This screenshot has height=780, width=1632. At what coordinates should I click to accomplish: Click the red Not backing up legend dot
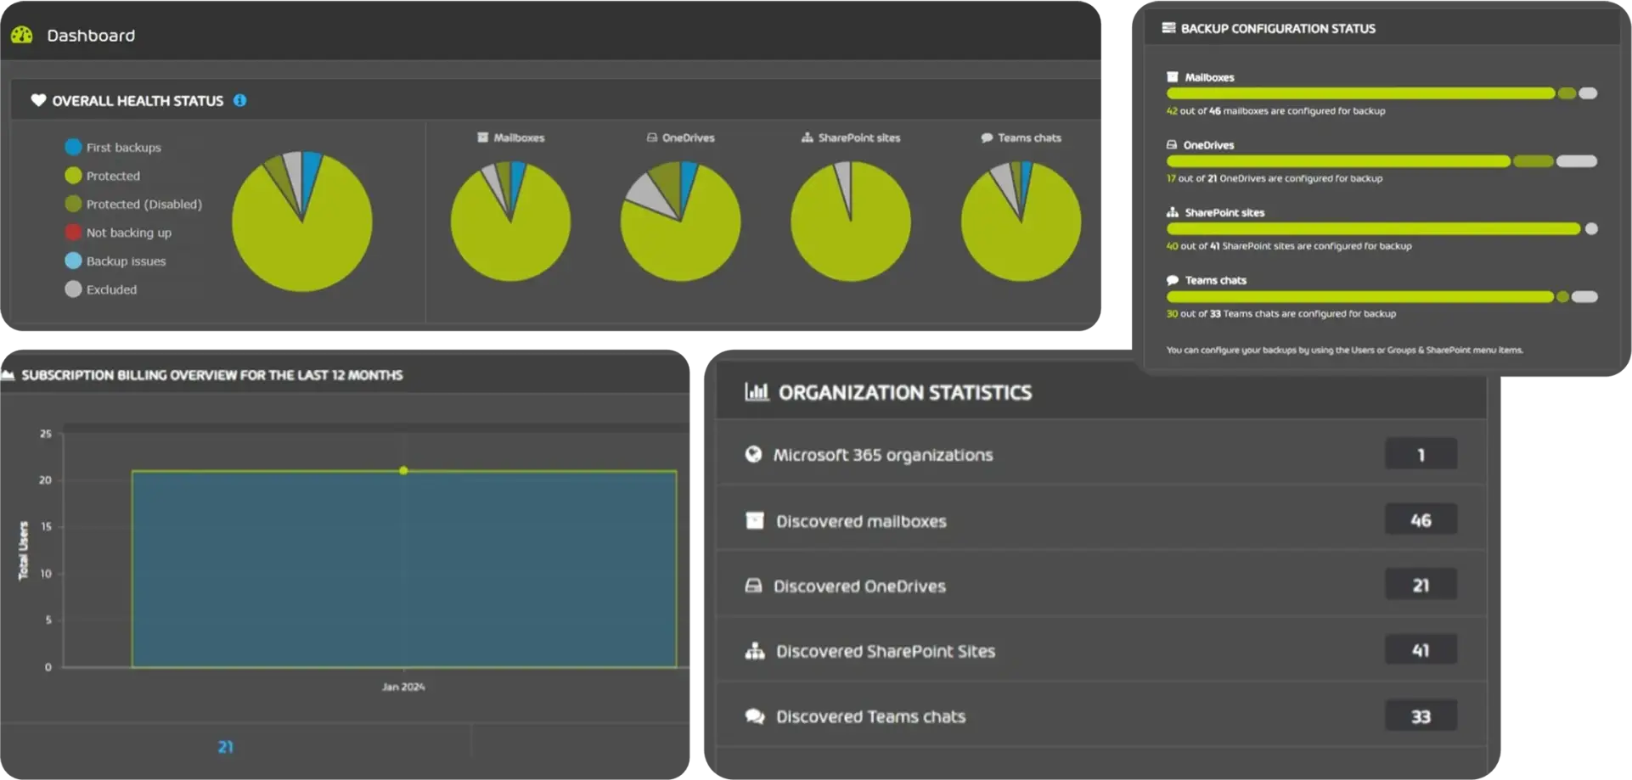(x=73, y=233)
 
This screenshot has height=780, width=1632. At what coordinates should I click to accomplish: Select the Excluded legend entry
(x=110, y=289)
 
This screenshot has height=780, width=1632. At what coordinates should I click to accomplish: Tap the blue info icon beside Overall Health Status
(x=240, y=100)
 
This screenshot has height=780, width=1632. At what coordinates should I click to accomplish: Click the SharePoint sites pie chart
(x=850, y=222)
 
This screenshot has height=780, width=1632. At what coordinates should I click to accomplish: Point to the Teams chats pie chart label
(x=1029, y=137)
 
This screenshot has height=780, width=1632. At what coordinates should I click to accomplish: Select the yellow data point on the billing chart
(x=403, y=470)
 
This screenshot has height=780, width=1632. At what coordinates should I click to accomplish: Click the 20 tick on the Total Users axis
(x=45, y=480)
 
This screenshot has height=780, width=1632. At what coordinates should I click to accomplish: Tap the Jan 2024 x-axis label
(x=403, y=687)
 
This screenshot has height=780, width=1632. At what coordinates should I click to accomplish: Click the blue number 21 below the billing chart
(x=225, y=747)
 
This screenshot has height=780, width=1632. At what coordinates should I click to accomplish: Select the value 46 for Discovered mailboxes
(x=1421, y=520)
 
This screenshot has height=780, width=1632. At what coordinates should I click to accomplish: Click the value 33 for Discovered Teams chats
(x=1421, y=716)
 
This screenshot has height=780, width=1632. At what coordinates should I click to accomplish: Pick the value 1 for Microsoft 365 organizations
(x=1421, y=455)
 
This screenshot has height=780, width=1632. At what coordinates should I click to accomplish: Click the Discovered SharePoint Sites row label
(x=885, y=651)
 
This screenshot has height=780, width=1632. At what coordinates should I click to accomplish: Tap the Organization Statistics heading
(x=904, y=393)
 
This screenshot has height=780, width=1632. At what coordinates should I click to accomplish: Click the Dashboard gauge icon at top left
(x=22, y=35)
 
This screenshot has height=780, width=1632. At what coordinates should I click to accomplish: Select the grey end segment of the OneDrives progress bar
(x=1577, y=161)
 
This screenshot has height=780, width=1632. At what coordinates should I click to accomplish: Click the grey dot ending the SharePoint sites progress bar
(x=1591, y=229)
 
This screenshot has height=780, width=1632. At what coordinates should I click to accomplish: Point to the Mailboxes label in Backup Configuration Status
(x=1209, y=77)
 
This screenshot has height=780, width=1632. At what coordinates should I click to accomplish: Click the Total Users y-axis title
(x=24, y=551)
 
